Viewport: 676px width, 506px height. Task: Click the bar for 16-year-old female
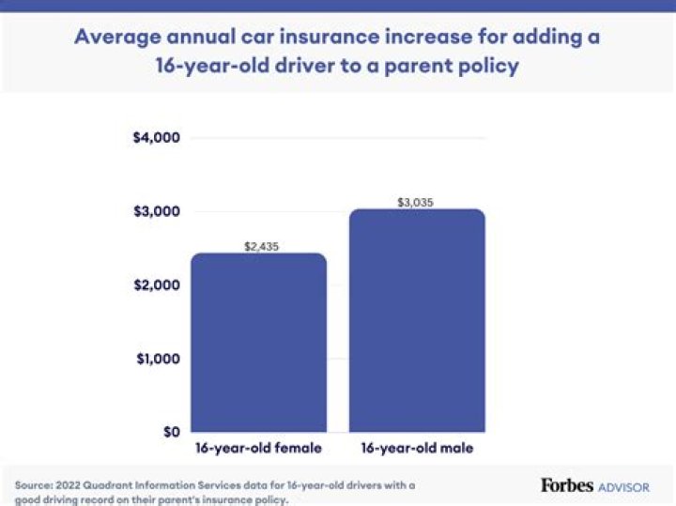pyautogui.click(x=258, y=343)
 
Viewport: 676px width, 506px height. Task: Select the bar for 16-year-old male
pyautogui.click(x=417, y=320)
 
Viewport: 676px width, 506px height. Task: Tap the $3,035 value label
pyautogui.click(x=417, y=202)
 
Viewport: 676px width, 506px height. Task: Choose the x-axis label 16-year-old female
pyautogui.click(x=258, y=449)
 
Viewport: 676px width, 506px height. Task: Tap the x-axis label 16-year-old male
pyautogui.click(x=417, y=449)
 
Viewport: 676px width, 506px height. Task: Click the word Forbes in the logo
pyautogui.click(x=567, y=485)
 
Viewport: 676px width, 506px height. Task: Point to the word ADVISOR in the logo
pyautogui.click(x=624, y=487)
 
